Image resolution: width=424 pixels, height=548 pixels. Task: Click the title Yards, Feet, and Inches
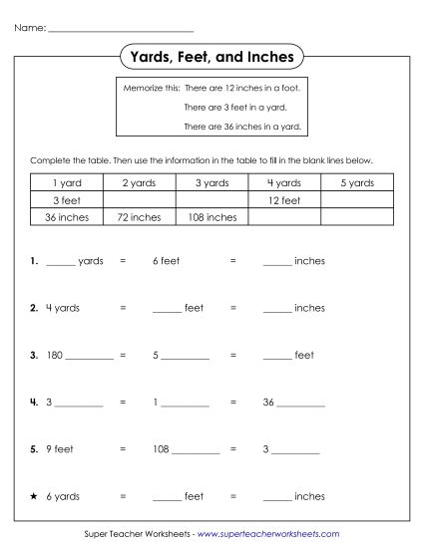(212, 58)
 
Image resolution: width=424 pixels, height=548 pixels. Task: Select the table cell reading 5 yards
(357, 183)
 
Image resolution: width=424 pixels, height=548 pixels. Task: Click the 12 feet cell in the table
(284, 200)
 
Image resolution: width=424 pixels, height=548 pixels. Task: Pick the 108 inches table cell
(212, 216)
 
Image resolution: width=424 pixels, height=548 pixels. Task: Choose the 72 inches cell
(139, 216)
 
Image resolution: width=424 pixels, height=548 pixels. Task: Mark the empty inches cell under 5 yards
(357, 216)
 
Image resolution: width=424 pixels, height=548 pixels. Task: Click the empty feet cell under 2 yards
(139, 200)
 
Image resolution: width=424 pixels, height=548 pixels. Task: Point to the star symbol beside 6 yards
(34, 495)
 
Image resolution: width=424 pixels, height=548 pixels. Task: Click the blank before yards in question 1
(60, 261)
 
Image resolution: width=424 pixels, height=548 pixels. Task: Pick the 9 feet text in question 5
(60, 448)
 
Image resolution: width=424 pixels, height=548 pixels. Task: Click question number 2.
(34, 308)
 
